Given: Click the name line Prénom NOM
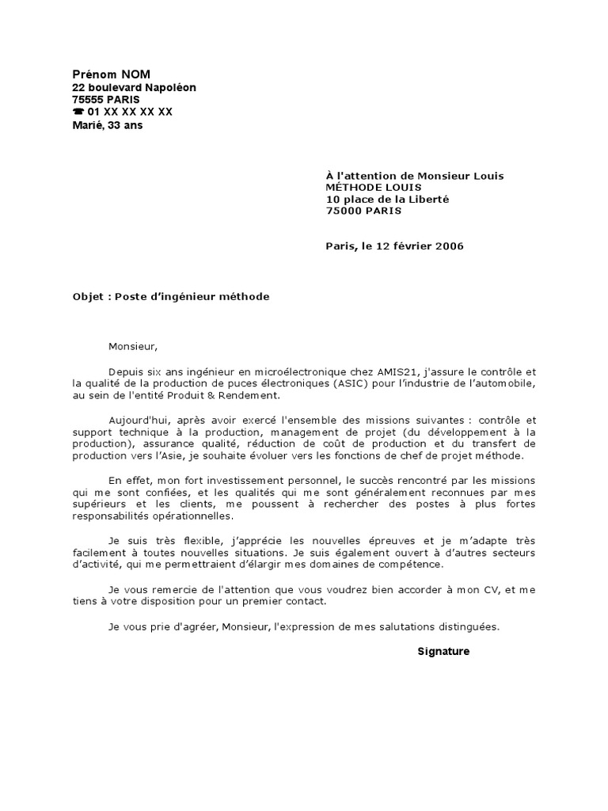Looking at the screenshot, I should (111, 74).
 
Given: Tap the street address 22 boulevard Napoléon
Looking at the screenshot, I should (134, 87).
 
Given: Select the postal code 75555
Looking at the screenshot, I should (88, 100).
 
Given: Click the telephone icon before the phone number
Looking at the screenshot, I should (78, 112).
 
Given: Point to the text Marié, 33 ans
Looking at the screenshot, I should (108, 125).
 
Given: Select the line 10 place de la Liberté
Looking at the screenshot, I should (387, 199).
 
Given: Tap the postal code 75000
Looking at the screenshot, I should (343, 211).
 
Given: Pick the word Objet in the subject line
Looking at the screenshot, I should (88, 296).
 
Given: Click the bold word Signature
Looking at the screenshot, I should (443, 651).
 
